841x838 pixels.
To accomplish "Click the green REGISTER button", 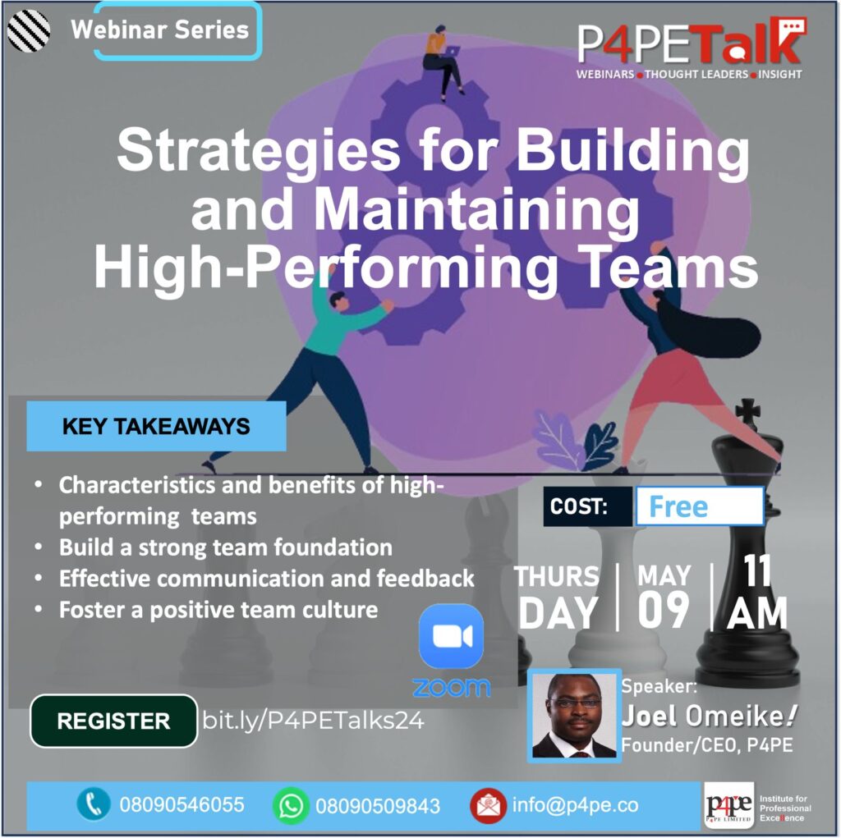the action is point(113,721).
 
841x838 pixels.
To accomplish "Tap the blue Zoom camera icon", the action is point(451,636).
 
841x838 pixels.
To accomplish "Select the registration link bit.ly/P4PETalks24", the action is point(313,721).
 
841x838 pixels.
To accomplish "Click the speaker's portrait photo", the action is point(574,715).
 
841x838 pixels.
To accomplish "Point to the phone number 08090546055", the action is point(182,804).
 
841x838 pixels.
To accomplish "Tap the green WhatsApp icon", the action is point(291,805).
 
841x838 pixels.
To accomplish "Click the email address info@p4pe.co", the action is point(575,804).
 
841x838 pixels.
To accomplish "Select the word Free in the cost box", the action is point(678,506).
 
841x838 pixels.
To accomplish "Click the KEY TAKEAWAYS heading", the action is point(156,427).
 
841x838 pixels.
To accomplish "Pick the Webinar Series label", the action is point(160,30).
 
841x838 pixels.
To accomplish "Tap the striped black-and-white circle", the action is point(29,30).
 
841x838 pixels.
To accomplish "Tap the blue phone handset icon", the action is point(94,804).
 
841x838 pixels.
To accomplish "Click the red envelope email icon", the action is point(488,805).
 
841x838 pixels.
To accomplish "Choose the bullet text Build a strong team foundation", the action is point(225,548).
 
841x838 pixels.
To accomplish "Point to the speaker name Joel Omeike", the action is point(709,716).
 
